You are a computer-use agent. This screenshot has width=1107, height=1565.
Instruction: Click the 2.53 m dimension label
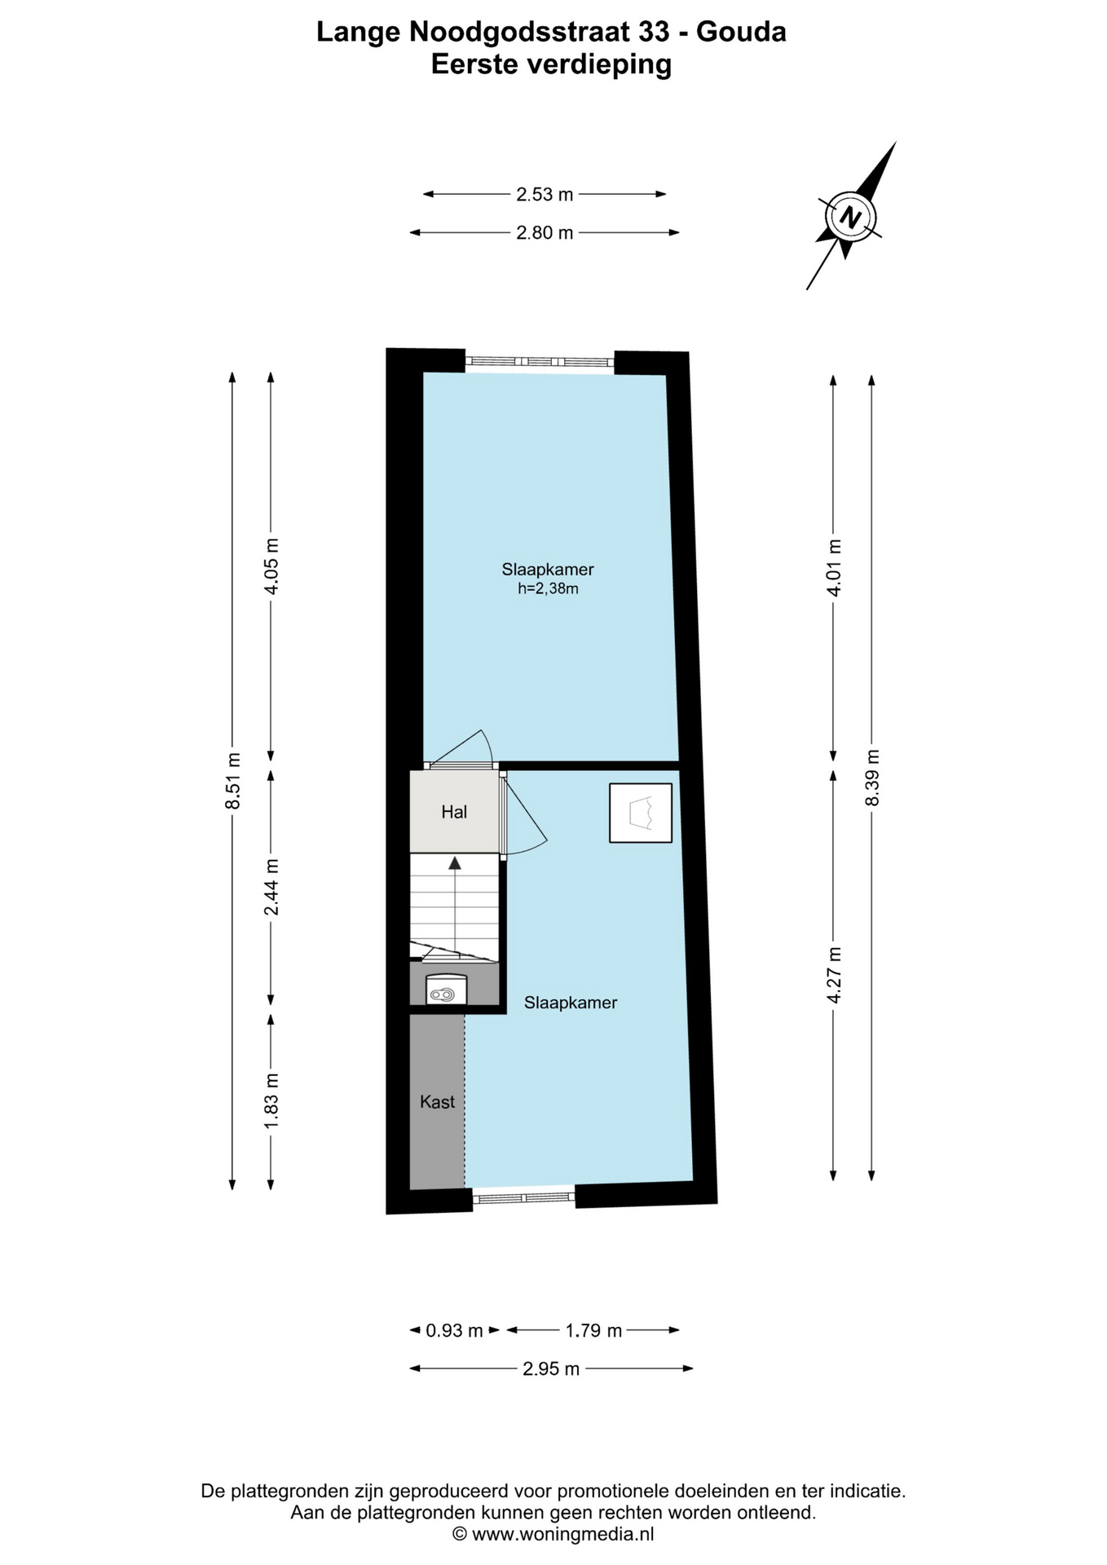pos(545,194)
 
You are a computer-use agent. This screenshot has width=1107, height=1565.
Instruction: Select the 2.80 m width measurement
pos(545,233)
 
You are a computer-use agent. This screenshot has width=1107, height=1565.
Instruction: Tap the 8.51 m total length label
pos(233,780)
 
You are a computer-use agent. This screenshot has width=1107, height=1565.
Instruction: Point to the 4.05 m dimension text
pos(271,566)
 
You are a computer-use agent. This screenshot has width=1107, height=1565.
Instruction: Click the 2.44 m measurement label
pos(271,887)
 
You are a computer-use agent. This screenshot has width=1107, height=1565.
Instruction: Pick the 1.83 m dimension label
pos(271,1100)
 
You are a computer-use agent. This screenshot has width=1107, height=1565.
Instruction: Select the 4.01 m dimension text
pos(834,567)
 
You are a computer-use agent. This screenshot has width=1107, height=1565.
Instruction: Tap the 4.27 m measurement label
pos(834,976)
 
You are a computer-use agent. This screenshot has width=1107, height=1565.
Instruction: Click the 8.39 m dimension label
pos(872,777)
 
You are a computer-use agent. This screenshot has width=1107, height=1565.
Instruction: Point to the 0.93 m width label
pos(454,1331)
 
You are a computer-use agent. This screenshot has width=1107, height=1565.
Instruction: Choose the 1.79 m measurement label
pos(593,1331)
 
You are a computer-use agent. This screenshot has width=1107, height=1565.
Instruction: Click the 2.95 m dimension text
pos(551,1369)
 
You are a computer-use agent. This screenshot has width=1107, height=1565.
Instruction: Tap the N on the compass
pos(851,218)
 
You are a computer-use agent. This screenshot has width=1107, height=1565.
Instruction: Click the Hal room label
pos(454,812)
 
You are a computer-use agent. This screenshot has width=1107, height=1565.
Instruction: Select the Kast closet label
pos(437,1102)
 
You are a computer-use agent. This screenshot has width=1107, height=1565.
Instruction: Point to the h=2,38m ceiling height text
pos(548,589)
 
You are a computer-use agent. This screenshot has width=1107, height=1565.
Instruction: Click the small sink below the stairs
pos(446,989)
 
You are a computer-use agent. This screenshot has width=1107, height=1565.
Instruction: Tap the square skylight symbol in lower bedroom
pos(641,813)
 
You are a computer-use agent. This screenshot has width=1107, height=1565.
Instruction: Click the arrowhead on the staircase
pos(454,862)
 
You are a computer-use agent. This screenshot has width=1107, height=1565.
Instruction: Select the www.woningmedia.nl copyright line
pos(553,1534)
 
